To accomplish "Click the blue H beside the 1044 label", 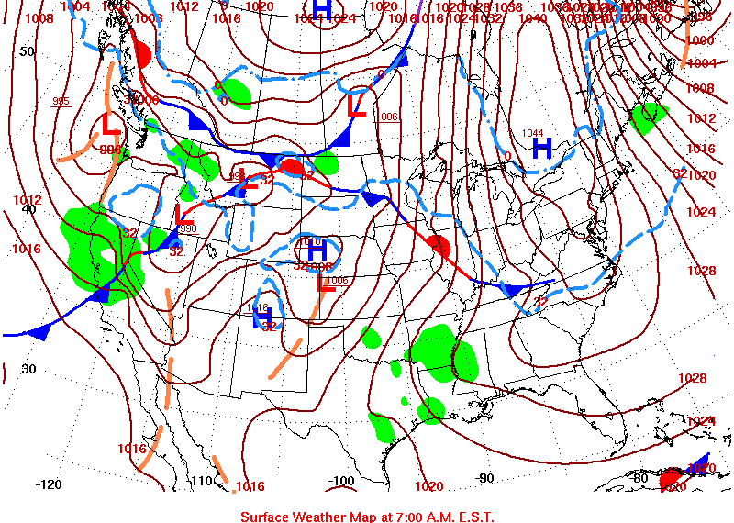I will tap(542, 148).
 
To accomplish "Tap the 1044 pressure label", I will tap(533, 134).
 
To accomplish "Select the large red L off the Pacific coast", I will tap(110, 123).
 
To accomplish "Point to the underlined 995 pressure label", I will tap(61, 102).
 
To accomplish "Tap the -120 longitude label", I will tap(49, 484).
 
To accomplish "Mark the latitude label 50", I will tap(28, 51).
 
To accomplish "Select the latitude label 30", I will tap(28, 369).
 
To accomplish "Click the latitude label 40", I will tap(28, 209).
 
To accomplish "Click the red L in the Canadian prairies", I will tap(358, 105).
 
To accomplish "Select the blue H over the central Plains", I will tap(317, 249).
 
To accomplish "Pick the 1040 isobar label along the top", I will tap(532, 18).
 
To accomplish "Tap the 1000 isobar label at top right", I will tap(700, 40).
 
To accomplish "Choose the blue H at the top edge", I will tap(321, 9).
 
